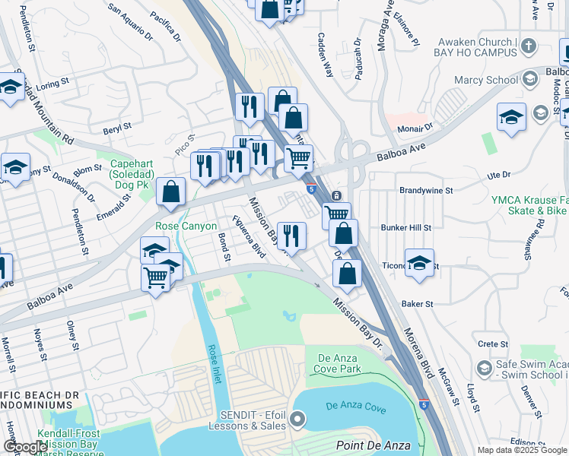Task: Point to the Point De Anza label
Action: (x=374, y=445)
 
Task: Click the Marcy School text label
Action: (x=486, y=80)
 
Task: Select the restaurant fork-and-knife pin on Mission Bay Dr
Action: (x=291, y=236)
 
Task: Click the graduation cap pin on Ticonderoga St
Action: (x=419, y=264)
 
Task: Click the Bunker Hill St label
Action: (x=405, y=227)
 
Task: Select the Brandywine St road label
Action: (x=426, y=191)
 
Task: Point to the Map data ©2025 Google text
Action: (x=521, y=450)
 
